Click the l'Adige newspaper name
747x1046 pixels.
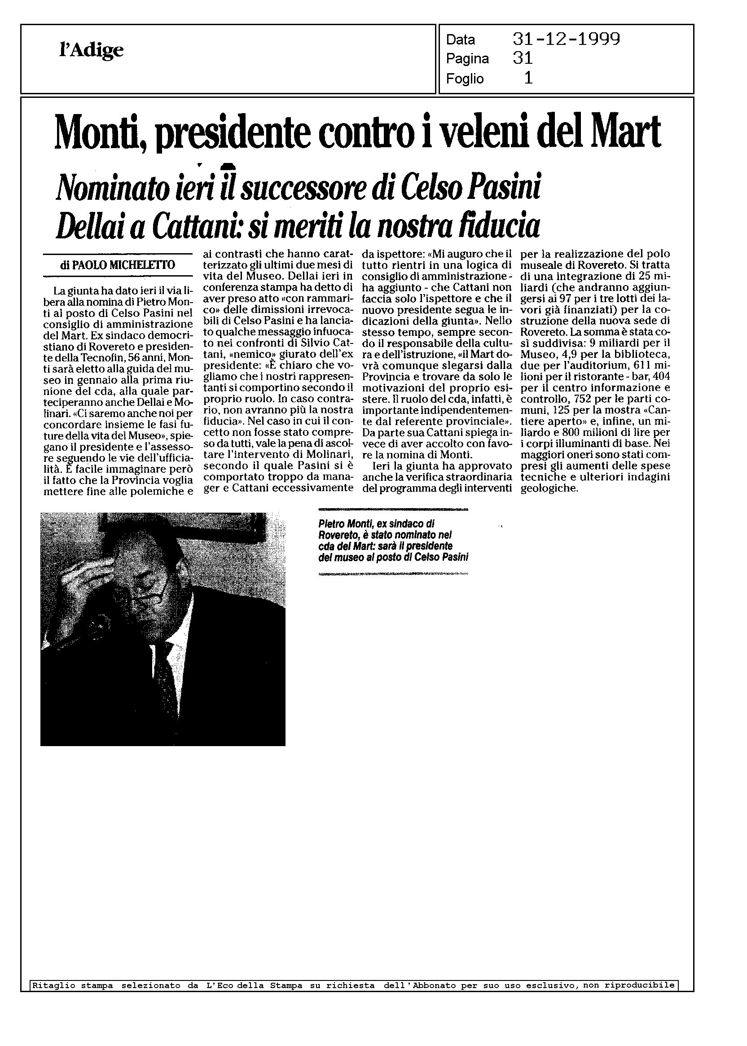(x=92, y=50)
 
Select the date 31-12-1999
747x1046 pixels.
(x=566, y=40)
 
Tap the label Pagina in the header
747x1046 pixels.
(x=467, y=59)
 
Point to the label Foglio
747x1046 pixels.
(x=465, y=79)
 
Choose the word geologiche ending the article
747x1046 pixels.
(x=549, y=488)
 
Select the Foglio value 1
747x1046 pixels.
(x=528, y=79)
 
